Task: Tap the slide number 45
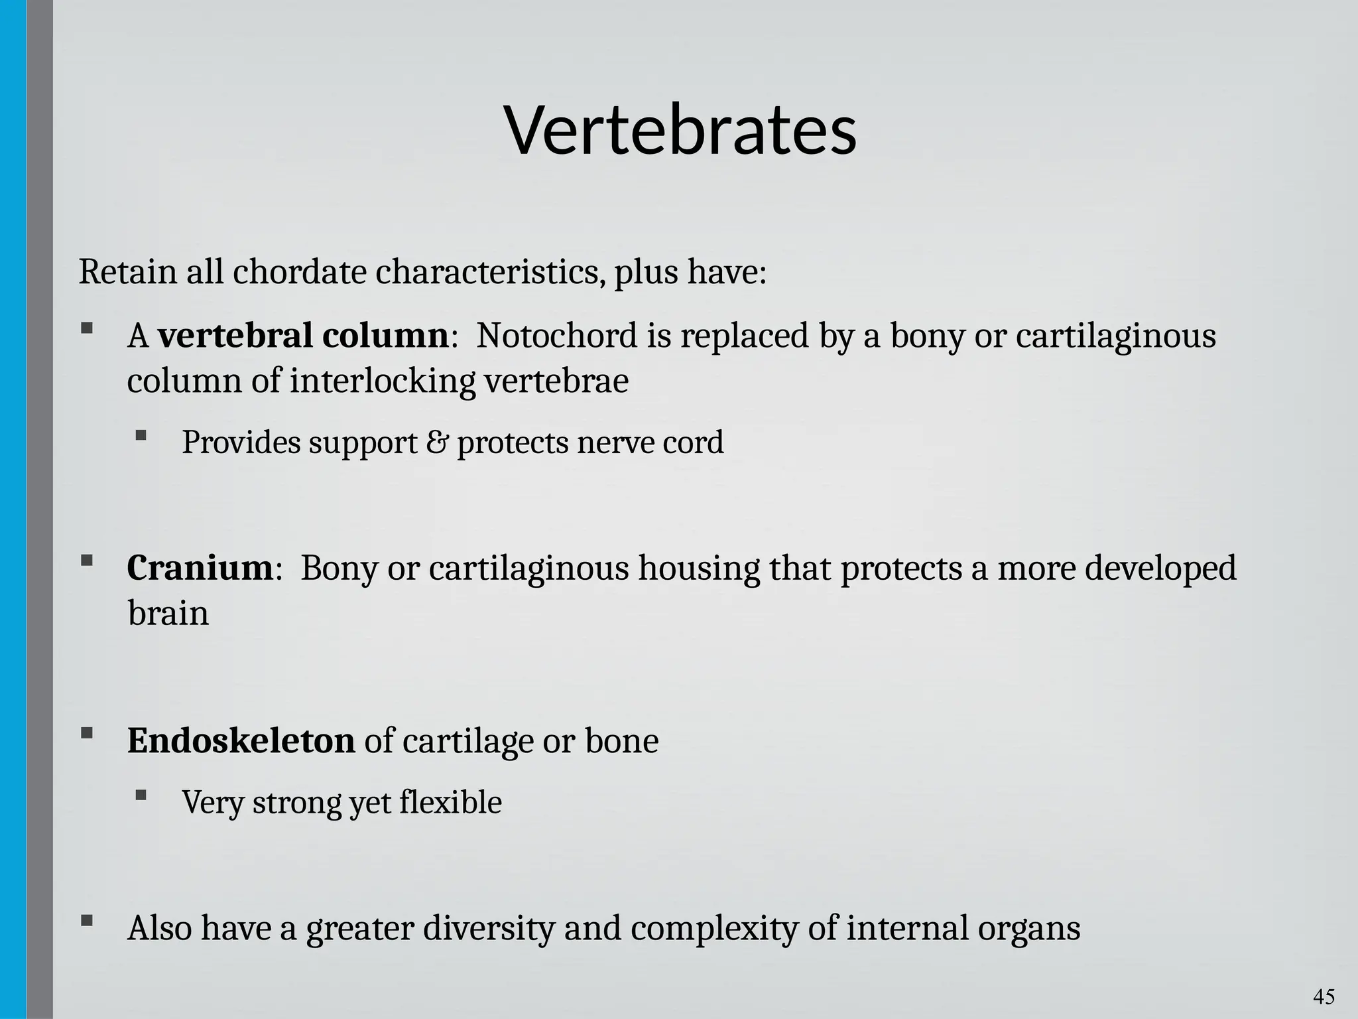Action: click(1324, 996)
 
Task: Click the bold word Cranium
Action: click(200, 569)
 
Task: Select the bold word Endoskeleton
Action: click(241, 741)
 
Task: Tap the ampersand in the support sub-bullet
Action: click(436, 442)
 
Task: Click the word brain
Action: click(168, 613)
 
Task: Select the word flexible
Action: click(450, 802)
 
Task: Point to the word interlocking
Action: click(383, 381)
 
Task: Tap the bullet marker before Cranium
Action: click(86, 561)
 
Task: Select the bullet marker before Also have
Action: click(86, 920)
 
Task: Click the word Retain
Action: click(127, 272)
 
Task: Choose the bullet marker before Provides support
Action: click(141, 435)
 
